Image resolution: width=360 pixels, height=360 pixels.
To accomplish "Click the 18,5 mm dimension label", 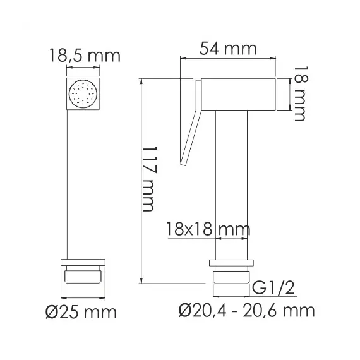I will click(84, 55).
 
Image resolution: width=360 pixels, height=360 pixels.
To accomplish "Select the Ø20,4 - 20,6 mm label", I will click(246, 311).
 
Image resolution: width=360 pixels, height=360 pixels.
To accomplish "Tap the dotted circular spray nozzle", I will click(84, 95).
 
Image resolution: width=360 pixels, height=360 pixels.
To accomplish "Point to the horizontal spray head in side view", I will click(237, 95).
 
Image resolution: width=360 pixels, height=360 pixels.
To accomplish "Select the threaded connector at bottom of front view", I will click(84, 278).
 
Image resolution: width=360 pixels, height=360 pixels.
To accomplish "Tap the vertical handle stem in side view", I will click(231, 183).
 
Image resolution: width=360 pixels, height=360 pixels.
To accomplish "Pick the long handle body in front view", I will click(84, 183).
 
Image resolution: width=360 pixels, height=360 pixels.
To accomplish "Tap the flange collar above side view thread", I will click(231, 263).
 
